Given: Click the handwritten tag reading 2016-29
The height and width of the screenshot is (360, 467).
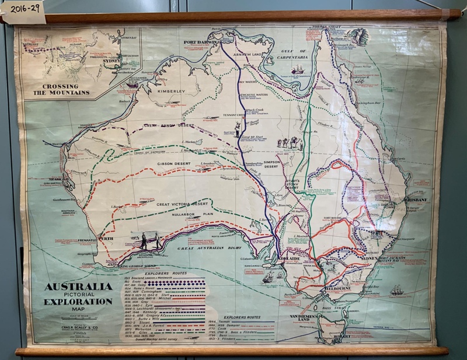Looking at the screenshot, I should point(23,11).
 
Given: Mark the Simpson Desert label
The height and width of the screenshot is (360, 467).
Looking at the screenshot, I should point(274,166).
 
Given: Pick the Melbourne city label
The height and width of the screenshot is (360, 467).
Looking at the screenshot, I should point(334,288).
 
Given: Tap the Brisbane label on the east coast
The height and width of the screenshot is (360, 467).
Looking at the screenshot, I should point(416,200).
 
